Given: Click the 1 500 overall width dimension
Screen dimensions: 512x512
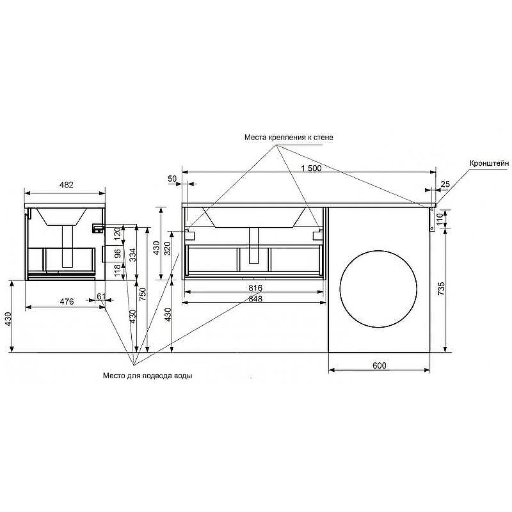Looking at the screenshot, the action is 311,168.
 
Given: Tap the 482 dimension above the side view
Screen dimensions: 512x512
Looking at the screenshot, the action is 67,185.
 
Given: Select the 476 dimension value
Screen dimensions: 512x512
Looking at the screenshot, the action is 67,301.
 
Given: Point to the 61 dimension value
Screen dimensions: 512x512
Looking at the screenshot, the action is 102,296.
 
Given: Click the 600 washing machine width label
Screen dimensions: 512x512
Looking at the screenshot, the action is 379,365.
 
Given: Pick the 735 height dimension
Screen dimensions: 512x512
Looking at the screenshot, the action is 440,289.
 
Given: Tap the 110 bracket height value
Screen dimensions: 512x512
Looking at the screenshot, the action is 440,218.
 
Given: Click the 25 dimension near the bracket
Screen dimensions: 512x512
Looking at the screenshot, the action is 445,184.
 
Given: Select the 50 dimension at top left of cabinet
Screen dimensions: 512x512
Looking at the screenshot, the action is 172,179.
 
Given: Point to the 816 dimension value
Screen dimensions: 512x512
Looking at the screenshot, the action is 255,287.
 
